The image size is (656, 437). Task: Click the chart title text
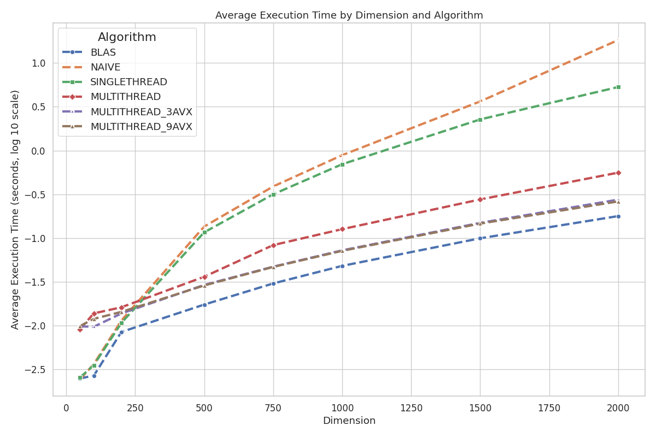349,15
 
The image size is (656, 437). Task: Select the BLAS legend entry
103,52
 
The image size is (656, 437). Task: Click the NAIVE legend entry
105,67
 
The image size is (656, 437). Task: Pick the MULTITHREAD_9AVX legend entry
141,126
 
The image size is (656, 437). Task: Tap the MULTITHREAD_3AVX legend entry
141,111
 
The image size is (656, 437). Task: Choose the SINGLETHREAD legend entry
128,82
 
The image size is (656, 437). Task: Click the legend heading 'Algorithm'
127,37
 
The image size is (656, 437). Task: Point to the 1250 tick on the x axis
411,408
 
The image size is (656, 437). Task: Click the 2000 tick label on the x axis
618,408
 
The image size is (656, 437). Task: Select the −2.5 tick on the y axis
37,370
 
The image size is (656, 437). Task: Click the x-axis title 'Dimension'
349,421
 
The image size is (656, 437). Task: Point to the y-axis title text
15,210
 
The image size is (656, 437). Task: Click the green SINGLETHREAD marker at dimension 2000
618,87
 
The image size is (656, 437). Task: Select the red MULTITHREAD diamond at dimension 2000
618,173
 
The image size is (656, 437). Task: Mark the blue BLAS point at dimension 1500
480,238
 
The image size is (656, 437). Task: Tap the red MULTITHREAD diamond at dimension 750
273,245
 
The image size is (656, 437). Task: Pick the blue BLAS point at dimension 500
204,305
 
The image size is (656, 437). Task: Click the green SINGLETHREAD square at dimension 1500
480,120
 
